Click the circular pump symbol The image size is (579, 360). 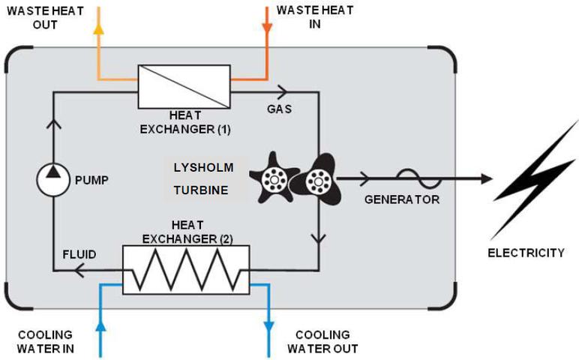click(53, 179)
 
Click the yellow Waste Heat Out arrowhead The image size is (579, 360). click(97, 25)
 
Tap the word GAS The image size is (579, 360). click(279, 109)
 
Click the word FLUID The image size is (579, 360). click(79, 255)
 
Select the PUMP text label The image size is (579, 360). click(92, 180)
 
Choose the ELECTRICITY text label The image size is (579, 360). click(526, 253)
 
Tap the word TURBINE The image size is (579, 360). click(200, 190)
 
